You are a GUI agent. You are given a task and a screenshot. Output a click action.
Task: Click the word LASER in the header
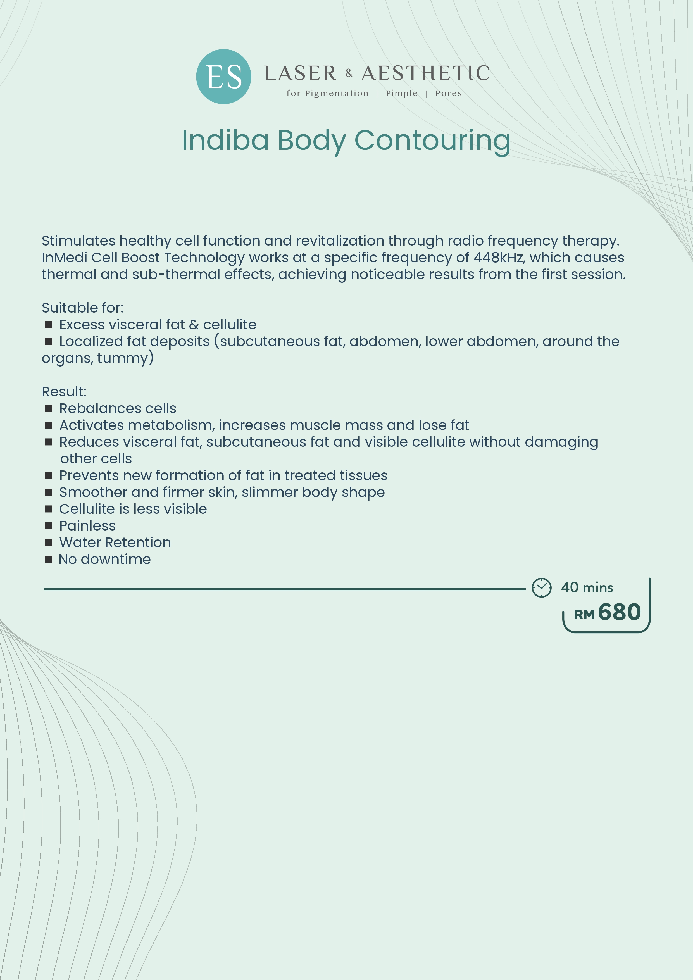pyautogui.click(x=301, y=73)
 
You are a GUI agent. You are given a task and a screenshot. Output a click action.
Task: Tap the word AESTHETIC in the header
pyautogui.click(x=425, y=73)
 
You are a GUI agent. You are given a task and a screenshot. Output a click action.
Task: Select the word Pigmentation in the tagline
pyautogui.click(x=336, y=94)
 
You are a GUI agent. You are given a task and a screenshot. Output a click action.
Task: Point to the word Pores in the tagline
pyautogui.click(x=449, y=94)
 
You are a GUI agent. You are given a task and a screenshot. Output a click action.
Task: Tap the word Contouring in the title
pyautogui.click(x=432, y=141)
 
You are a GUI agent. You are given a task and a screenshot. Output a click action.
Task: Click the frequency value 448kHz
pyautogui.click(x=498, y=257)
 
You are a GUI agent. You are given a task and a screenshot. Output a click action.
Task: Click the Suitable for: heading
pyautogui.click(x=82, y=308)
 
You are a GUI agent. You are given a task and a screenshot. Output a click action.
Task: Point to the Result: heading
pyautogui.click(x=64, y=391)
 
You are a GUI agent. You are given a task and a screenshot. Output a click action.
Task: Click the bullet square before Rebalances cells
pyautogui.click(x=49, y=408)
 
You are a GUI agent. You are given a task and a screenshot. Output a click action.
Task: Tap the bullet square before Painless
pyautogui.click(x=49, y=525)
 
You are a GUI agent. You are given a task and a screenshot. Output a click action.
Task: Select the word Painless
pyautogui.click(x=87, y=525)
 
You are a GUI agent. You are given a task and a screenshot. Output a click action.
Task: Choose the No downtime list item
pyautogui.click(x=104, y=559)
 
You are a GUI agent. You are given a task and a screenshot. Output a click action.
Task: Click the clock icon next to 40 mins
pyautogui.click(x=541, y=588)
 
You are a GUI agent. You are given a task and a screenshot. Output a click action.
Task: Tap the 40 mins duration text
pyautogui.click(x=587, y=587)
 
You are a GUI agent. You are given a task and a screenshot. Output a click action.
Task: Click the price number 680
pyautogui.click(x=619, y=612)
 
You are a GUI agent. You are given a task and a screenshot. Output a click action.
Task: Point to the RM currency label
pyautogui.click(x=584, y=615)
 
